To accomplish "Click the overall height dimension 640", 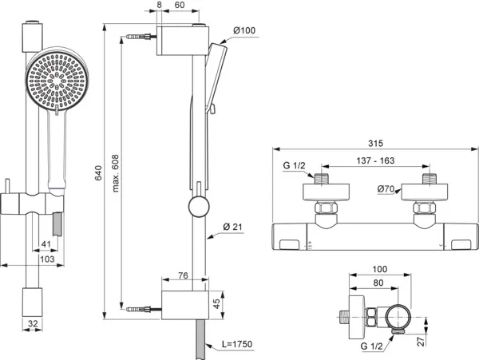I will click(98, 177).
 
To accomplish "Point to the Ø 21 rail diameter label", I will click(233, 227).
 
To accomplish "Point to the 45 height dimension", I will click(223, 303).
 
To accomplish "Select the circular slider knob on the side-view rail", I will click(196, 209).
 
